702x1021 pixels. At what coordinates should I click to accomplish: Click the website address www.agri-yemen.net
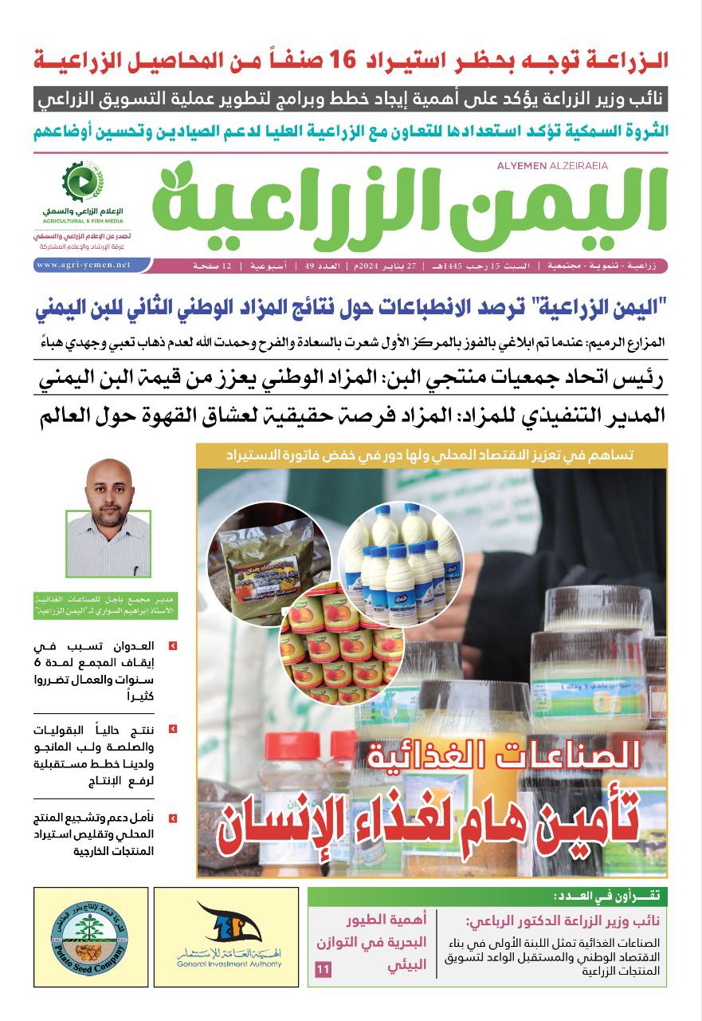pyautogui.click(x=84, y=265)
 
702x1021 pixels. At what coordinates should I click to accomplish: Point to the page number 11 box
pyautogui.click(x=323, y=969)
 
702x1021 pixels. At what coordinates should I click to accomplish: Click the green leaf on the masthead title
pyautogui.click(x=182, y=175)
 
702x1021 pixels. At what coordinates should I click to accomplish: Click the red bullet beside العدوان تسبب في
pyautogui.click(x=173, y=645)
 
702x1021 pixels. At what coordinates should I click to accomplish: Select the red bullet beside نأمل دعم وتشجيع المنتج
pyautogui.click(x=173, y=818)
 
